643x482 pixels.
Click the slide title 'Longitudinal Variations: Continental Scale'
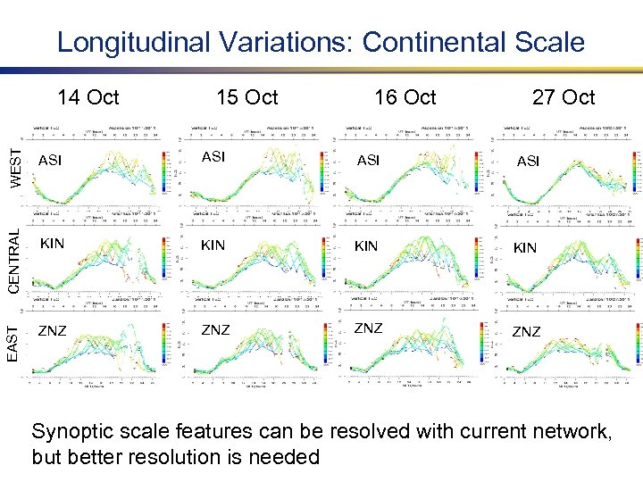[x=321, y=42]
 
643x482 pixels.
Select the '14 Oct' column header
[x=88, y=97]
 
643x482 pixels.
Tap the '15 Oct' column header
[x=247, y=97]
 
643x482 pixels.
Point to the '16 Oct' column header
[x=405, y=97]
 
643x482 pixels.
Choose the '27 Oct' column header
[x=564, y=97]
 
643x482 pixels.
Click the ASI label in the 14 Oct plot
[x=50, y=161]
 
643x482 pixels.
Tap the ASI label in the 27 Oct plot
[x=528, y=162]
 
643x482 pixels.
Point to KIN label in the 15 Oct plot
[x=213, y=245]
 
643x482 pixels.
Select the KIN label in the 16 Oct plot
[x=366, y=245]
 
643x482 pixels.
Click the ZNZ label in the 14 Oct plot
[x=52, y=331]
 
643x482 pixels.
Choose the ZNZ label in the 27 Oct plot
[x=526, y=332]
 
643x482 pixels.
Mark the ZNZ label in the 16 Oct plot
[x=368, y=328]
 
